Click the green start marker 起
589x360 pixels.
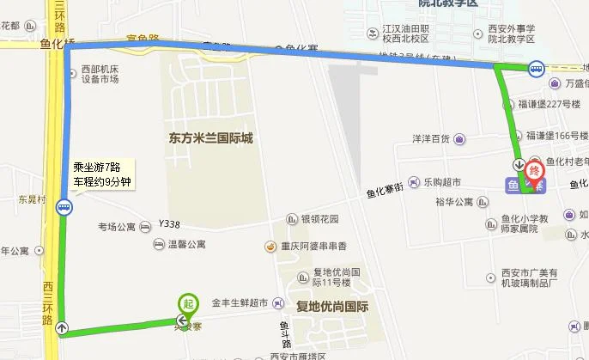[186, 303]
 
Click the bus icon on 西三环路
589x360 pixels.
[64, 206]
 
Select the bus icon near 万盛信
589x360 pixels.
[536, 69]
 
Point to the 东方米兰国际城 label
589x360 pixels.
[205, 137]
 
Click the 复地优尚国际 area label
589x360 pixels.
[331, 306]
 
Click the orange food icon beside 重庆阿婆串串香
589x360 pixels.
[270, 247]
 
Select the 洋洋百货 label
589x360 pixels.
[431, 139]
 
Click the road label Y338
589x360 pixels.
[169, 224]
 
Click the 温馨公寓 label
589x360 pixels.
[185, 245]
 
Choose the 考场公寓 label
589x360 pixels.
[117, 228]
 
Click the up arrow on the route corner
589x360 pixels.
[63, 327]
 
